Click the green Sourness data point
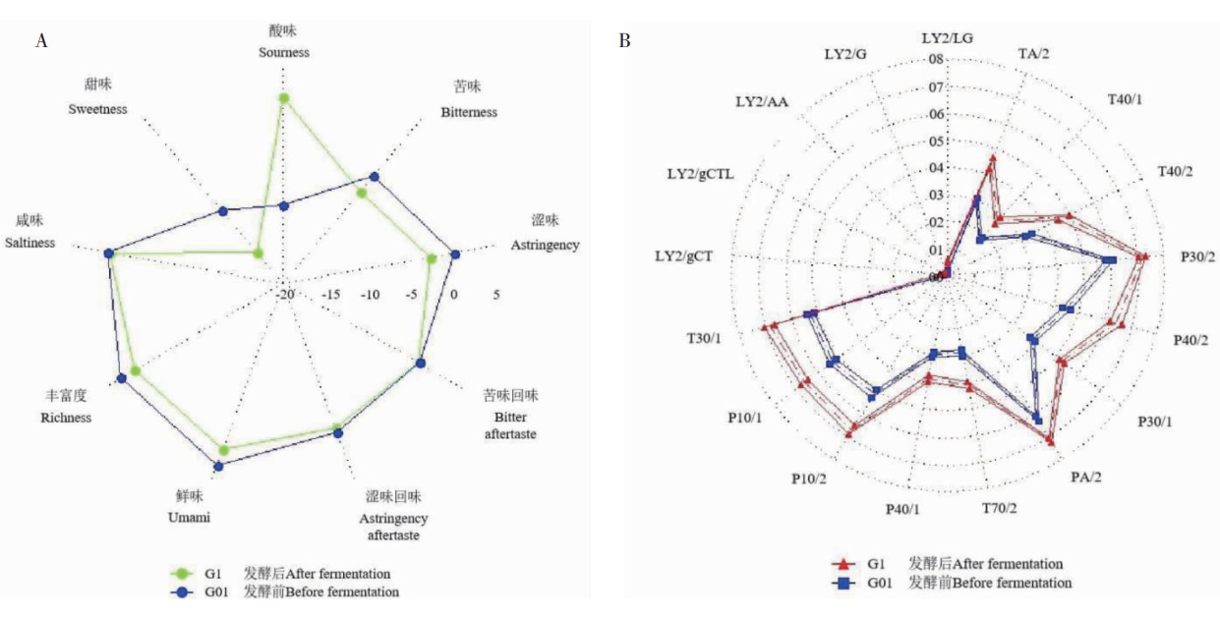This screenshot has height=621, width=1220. click(x=284, y=98)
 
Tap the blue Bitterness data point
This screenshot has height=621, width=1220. click(x=374, y=177)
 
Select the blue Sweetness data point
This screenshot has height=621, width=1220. click(x=222, y=211)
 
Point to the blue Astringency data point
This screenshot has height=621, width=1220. click(x=455, y=254)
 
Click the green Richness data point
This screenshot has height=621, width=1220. click(x=136, y=371)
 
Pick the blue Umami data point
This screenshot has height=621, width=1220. click(x=218, y=467)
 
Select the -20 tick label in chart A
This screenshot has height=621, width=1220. click(x=285, y=294)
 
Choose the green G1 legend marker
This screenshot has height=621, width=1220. click(x=179, y=574)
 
